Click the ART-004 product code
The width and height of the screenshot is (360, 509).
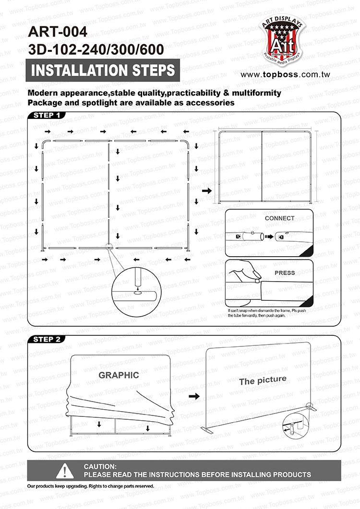[58, 32]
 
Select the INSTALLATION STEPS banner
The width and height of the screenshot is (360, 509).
[103, 71]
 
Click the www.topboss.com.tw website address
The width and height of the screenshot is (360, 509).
[285, 75]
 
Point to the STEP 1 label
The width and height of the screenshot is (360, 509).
[47, 115]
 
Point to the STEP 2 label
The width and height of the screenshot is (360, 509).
[47, 339]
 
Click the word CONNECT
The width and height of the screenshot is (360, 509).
[280, 218]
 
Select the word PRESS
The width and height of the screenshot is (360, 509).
[285, 273]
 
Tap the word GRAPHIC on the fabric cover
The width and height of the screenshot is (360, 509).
[119, 375]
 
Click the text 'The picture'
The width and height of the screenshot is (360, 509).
[263, 380]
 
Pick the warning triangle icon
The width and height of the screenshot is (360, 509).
[65, 471]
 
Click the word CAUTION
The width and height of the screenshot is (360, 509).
[100, 466]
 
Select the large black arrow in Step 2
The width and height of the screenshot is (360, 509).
[194, 397]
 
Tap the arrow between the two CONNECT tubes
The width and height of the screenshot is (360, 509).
[268, 236]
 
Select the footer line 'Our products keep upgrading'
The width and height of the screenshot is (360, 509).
[91, 486]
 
